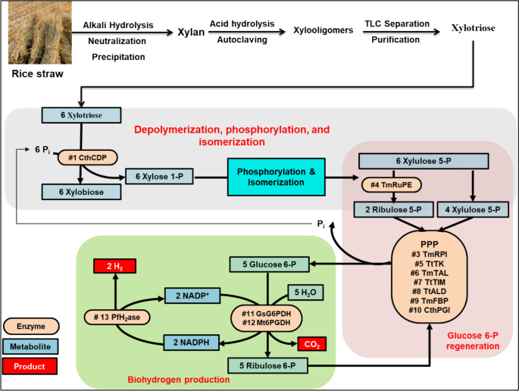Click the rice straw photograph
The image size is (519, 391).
[x=34, y=34]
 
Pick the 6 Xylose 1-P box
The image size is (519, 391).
[x=160, y=176]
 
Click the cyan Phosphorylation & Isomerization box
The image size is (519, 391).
[x=276, y=176]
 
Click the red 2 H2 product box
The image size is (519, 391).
[x=114, y=266]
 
